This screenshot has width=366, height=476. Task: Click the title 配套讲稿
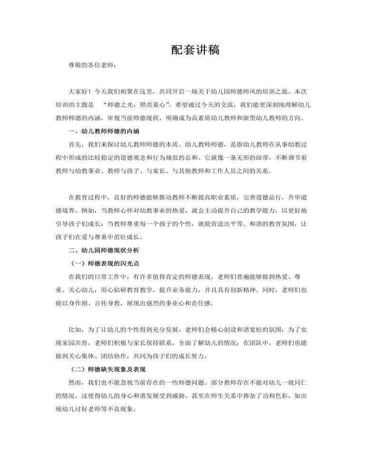point(195,50)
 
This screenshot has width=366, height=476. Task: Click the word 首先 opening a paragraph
point(75,144)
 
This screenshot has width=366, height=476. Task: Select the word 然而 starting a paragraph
point(75,382)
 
